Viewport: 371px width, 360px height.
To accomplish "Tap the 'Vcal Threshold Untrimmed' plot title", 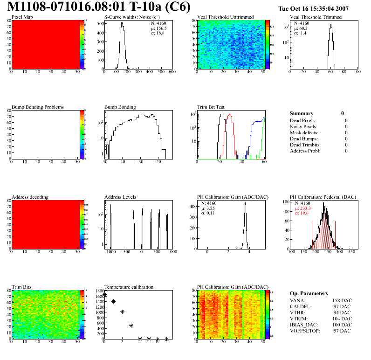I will tap(226, 17).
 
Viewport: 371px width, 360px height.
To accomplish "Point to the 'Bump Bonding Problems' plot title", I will tap(38, 107).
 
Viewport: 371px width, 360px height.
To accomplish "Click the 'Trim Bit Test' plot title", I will tap(211, 107).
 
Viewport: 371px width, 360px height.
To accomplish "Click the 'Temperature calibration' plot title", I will tap(129, 287).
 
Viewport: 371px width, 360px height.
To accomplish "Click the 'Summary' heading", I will tap(302, 113).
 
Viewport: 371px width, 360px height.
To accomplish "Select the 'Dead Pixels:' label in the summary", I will tap(303, 121).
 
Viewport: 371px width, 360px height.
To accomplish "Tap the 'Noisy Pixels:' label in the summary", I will tap(304, 127).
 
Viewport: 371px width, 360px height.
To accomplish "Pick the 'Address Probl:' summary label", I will tap(305, 151).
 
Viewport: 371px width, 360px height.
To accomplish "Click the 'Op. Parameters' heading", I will tap(309, 293).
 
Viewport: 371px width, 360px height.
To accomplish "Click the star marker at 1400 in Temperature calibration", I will tap(113, 302).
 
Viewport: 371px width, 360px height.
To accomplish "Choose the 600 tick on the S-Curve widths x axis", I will tap(172, 72).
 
